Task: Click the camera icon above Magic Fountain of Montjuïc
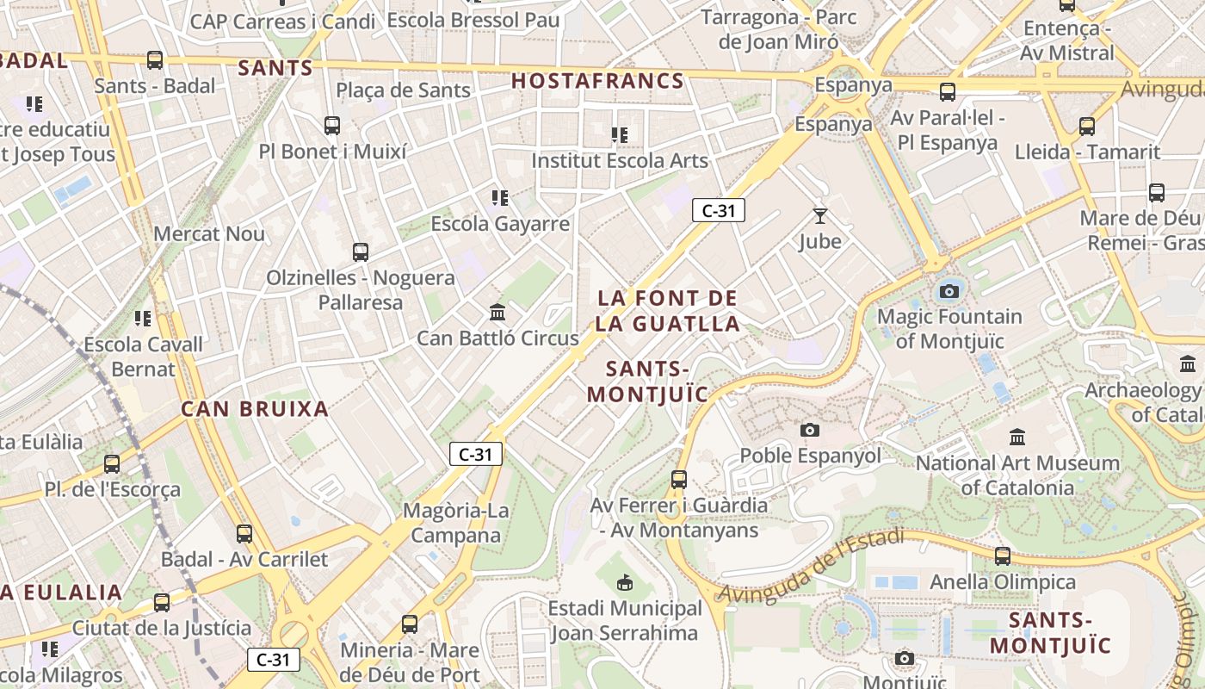[x=949, y=291]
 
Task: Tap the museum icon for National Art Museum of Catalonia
[x=1017, y=438]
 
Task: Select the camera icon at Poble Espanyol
[x=810, y=430]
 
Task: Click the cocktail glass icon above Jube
[x=819, y=215]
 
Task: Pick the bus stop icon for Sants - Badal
[x=155, y=60]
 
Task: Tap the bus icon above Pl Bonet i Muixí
[x=332, y=126]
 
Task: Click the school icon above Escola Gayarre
[x=500, y=198]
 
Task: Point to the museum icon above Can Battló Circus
[x=497, y=312]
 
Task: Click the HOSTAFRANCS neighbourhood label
[x=597, y=82]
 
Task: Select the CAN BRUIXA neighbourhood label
[x=255, y=409]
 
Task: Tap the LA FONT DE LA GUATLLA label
[x=668, y=311]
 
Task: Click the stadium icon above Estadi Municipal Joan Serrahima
[x=625, y=583]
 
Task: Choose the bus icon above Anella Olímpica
[x=1003, y=556]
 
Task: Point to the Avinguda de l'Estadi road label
[x=810, y=567]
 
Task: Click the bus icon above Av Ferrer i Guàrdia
[x=679, y=480]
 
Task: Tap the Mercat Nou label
[x=209, y=234]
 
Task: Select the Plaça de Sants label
[x=403, y=90]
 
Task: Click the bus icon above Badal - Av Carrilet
[x=244, y=534]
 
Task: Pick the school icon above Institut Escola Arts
[x=619, y=134]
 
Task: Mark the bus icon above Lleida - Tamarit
[x=1087, y=127]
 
